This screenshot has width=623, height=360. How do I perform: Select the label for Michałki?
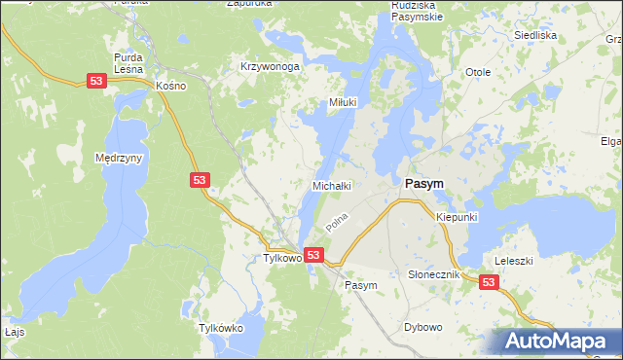tap(331, 185)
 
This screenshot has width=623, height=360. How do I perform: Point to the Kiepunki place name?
tap(457, 217)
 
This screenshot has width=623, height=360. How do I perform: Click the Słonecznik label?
tap(434, 275)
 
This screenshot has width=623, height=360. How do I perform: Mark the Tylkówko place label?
tap(220, 328)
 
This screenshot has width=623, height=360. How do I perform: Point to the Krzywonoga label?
tap(270, 67)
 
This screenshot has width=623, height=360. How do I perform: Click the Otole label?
tap(477, 72)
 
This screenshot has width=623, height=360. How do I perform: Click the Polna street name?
tap(338, 223)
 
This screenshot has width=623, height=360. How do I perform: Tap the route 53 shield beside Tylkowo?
tap(313, 255)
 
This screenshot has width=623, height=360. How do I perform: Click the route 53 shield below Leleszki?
tap(489, 282)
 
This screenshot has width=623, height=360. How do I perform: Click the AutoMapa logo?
tap(557, 341)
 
